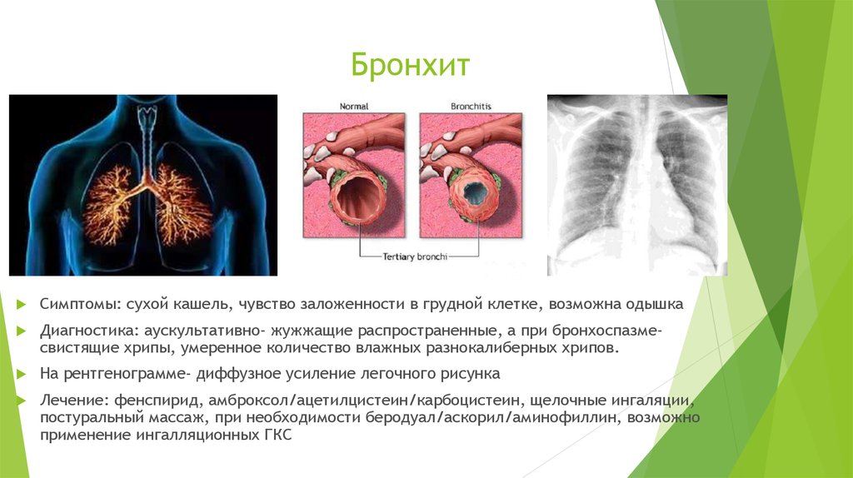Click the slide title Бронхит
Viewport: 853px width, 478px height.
coord(410,65)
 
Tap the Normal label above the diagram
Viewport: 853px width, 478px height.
coord(353,107)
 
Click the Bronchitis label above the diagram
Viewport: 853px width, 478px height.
coord(471,107)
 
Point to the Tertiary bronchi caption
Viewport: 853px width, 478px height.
coord(415,256)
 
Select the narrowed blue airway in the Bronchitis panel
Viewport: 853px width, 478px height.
coord(475,193)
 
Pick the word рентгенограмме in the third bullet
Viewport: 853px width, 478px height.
coord(127,375)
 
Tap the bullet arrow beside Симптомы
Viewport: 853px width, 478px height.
coord(21,304)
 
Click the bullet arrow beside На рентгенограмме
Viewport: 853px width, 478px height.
coord(21,374)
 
